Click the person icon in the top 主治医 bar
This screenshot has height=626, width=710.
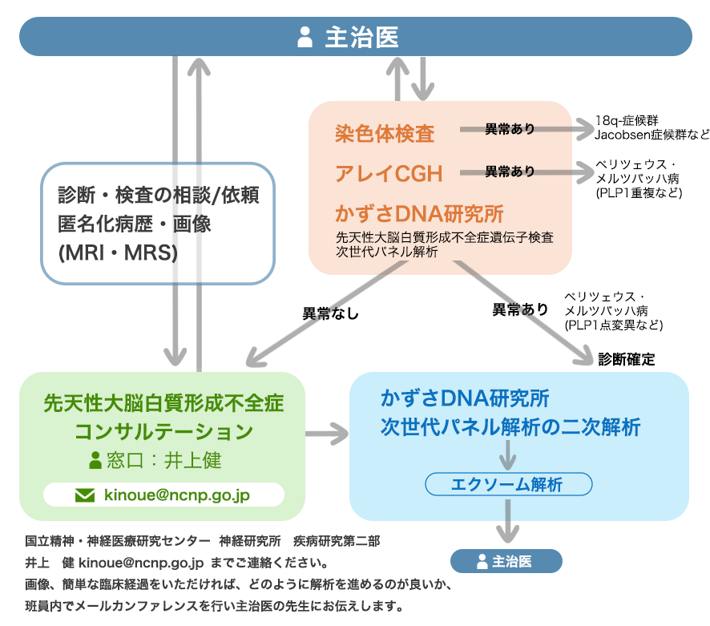click(x=305, y=37)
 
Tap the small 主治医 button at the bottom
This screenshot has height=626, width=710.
click(x=506, y=561)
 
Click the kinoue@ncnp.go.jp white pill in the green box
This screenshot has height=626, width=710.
click(x=163, y=495)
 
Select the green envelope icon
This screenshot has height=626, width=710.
click(x=84, y=495)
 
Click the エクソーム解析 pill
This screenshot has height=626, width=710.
click(x=507, y=484)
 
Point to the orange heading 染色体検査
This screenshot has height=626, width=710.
click(x=385, y=133)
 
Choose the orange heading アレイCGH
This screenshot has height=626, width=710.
click(x=389, y=172)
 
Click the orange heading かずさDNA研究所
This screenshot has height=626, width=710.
click(x=419, y=214)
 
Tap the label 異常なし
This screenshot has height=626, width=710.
click(x=330, y=313)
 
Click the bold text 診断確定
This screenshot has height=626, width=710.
click(x=627, y=360)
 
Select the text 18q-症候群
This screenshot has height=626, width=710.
click(x=626, y=121)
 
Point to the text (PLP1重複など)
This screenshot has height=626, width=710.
click(x=639, y=193)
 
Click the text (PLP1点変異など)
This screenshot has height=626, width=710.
click(x=614, y=325)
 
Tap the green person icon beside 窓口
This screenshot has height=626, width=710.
click(x=95, y=460)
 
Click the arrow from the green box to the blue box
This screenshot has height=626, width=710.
click(x=327, y=436)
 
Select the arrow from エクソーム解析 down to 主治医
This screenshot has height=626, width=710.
click(x=506, y=521)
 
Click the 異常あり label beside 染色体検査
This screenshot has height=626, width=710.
click(x=510, y=128)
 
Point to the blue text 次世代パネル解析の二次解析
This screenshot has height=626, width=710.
click(x=510, y=427)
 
